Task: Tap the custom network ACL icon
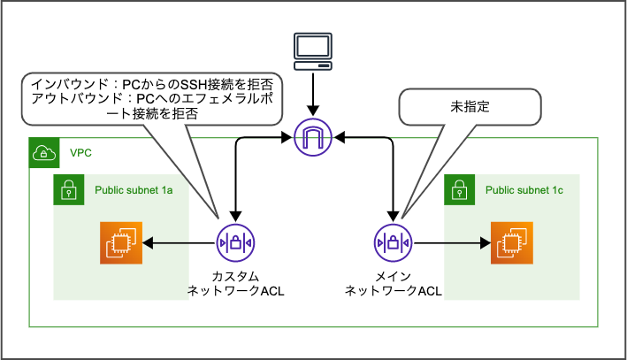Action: click(x=235, y=241)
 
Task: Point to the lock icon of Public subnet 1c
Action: click(x=459, y=188)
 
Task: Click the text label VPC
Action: click(x=81, y=153)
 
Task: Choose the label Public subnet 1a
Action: click(x=134, y=189)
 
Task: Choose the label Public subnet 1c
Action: click(x=525, y=189)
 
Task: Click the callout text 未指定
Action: click(x=469, y=106)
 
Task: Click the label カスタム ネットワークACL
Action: click(x=235, y=282)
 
